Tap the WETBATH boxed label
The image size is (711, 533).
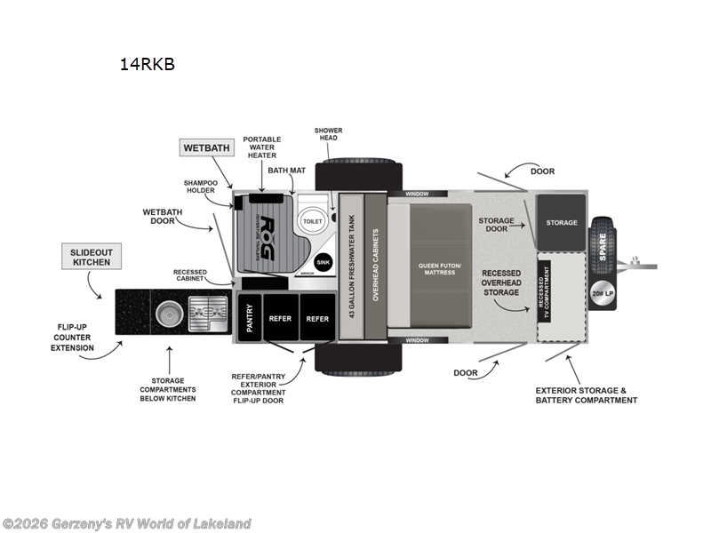tap(205, 147)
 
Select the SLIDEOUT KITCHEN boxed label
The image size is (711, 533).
tap(92, 257)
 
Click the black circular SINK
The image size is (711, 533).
tap(324, 262)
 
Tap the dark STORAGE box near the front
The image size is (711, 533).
tap(561, 222)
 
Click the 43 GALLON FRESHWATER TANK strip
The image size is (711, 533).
tap(351, 266)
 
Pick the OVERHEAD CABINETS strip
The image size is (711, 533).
tap(375, 266)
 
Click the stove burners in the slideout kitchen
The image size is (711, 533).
tap(208, 313)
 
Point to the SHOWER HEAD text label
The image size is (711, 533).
tap(327, 134)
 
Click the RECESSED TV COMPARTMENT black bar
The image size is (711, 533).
tap(544, 286)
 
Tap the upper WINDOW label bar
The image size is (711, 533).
tap(416, 194)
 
